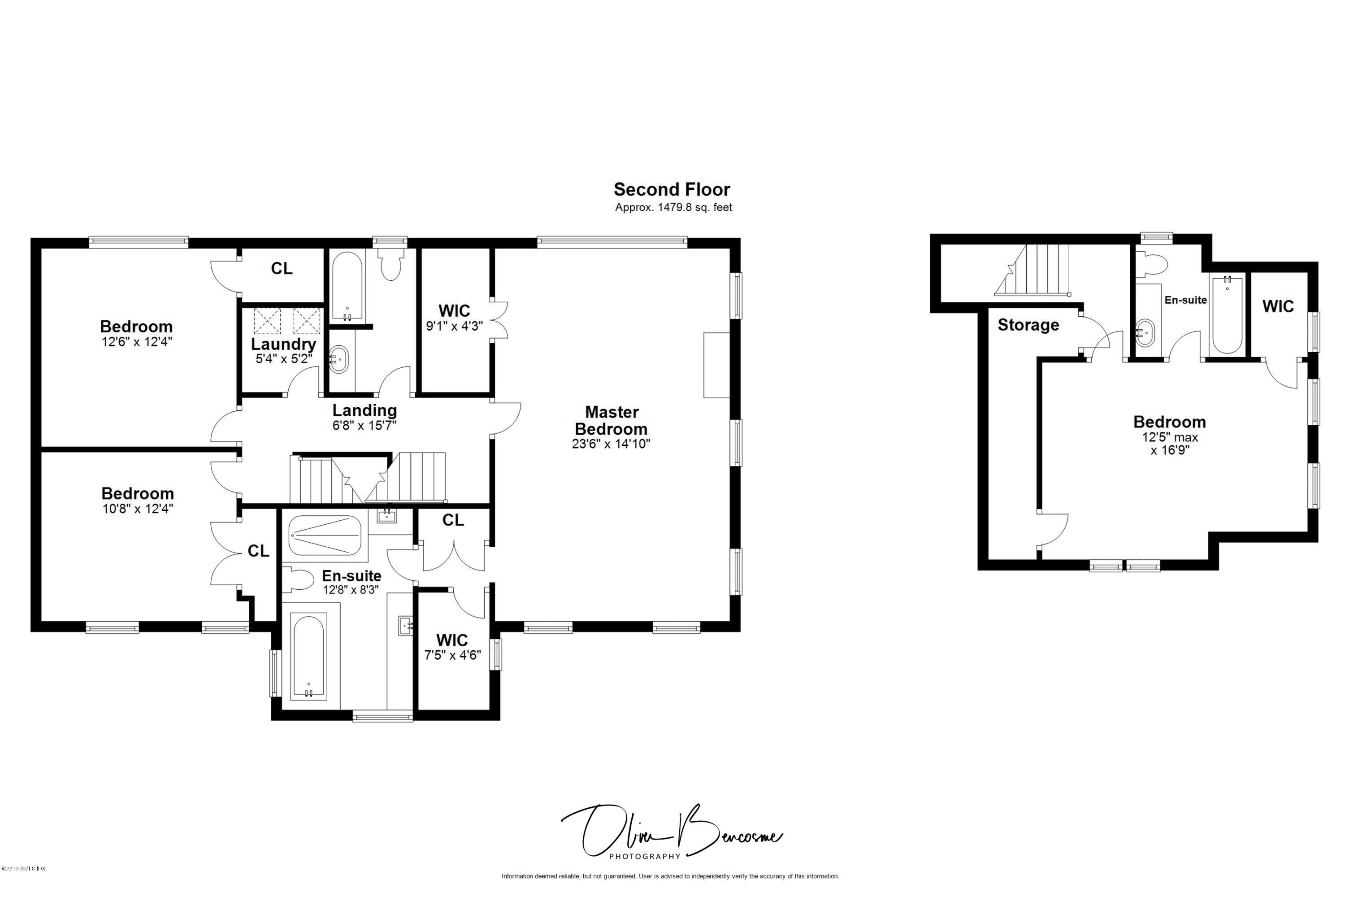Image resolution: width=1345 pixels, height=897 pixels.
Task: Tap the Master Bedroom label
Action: [x=612, y=421]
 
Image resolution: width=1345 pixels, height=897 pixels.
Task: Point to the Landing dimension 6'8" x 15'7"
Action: [x=364, y=426]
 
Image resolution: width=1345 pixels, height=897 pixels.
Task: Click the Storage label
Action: [x=1028, y=325]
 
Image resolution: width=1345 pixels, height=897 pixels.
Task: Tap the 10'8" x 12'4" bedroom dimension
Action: [x=137, y=509]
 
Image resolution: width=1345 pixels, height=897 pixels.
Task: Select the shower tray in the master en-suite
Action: [x=325, y=536]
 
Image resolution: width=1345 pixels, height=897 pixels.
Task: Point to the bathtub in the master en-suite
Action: [x=308, y=656]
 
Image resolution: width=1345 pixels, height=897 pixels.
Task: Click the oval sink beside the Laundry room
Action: [x=338, y=359]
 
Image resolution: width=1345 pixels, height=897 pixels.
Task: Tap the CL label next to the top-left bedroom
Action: [x=282, y=268]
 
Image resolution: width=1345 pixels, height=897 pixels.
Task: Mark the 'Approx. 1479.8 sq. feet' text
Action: [x=673, y=208]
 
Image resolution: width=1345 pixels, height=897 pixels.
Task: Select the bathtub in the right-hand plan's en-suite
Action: [x=1227, y=315]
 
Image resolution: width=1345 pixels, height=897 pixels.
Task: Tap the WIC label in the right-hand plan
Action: [x=1278, y=307]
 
